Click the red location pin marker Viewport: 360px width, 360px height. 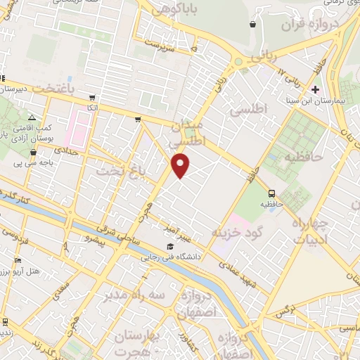(x=181, y=165)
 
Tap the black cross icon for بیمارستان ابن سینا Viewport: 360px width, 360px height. (x=315, y=89)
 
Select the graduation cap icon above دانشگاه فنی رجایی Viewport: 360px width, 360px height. (x=170, y=247)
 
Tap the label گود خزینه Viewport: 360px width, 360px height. (x=250, y=233)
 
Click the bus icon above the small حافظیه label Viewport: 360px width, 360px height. (x=271, y=193)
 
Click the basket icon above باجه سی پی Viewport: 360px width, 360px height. (x=33, y=152)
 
